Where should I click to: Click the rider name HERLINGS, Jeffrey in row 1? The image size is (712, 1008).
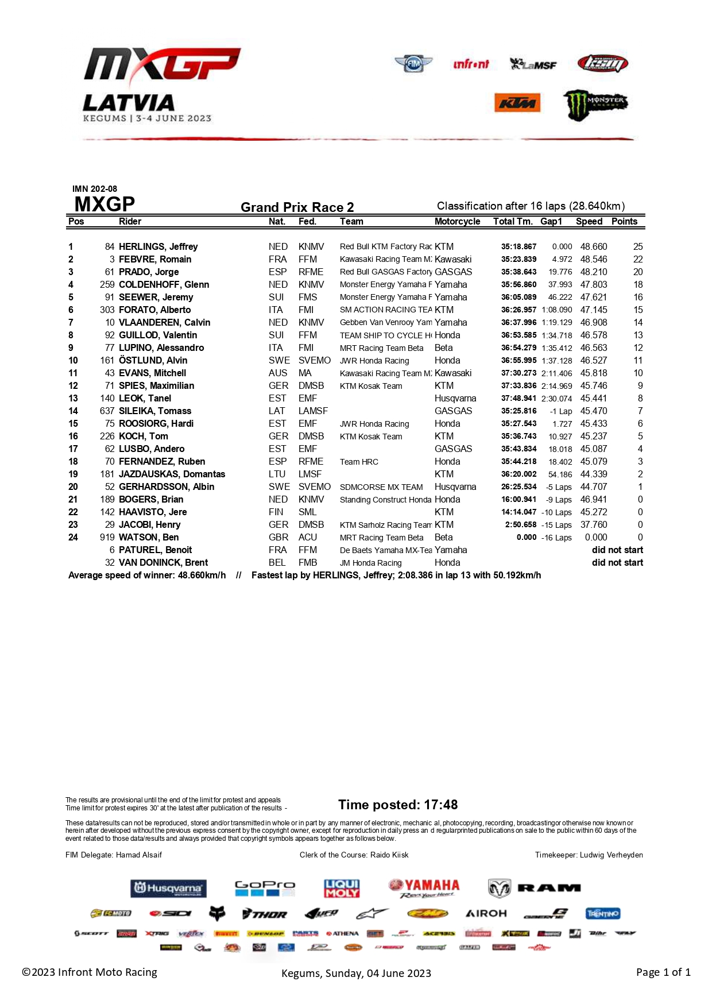158,246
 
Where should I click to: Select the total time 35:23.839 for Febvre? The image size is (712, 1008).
518,259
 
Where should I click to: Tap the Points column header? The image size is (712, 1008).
624,221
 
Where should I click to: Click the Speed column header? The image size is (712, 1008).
589,221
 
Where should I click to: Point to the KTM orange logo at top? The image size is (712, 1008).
517,103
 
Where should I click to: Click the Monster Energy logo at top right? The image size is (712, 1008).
595,105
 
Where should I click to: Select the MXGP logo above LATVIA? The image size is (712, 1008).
162,64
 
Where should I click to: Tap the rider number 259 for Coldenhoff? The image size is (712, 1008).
107,284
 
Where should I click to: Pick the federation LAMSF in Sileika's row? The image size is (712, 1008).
313,411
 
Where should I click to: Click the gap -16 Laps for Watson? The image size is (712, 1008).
556,538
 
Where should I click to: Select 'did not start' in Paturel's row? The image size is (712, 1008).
617,550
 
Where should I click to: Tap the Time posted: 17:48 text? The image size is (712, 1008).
398,805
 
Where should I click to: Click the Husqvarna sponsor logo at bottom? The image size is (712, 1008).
168,889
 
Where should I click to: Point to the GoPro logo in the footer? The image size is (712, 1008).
265,888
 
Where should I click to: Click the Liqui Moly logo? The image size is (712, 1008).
342,889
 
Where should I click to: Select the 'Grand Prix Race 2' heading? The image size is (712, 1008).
297,207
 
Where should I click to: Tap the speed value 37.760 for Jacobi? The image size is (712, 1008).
594,524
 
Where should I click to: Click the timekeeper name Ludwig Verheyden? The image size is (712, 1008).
611,855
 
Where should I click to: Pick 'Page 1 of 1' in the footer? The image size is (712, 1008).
663,972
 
